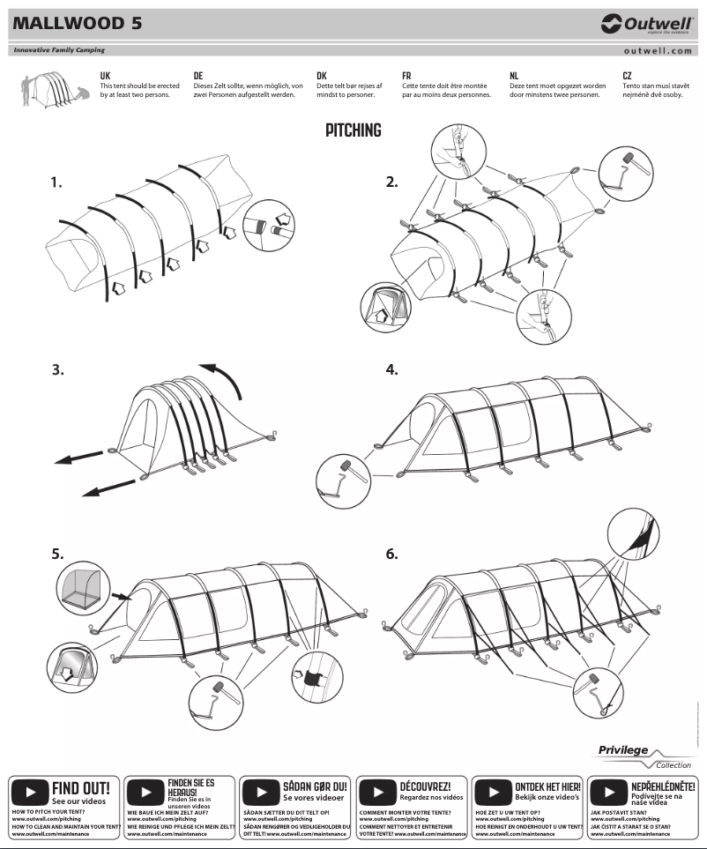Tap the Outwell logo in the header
click(x=647, y=24)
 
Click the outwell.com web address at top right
click(x=657, y=51)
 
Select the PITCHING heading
click(x=353, y=130)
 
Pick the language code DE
click(x=198, y=77)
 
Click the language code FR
click(x=406, y=77)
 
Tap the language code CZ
click(x=627, y=77)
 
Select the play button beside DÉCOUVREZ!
click(x=378, y=791)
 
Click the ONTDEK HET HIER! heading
click(x=547, y=786)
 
